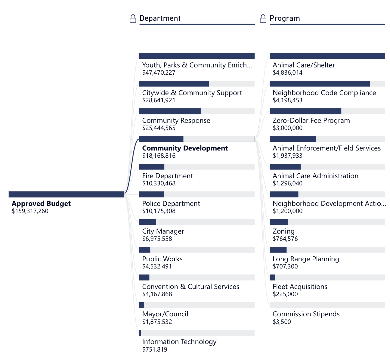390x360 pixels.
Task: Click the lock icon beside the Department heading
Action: (133, 19)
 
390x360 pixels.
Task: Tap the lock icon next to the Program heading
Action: (263, 19)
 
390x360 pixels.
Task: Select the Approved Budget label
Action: (41, 204)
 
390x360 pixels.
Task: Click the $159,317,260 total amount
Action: (30, 211)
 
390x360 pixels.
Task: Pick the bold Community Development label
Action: (185, 148)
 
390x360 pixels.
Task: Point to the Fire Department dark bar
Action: (152, 167)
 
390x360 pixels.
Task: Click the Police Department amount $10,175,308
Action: (159, 211)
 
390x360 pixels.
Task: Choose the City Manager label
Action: (163, 231)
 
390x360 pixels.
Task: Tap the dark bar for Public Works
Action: (145, 250)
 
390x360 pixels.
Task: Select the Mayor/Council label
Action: (165, 314)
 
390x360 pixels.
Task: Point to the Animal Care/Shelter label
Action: (304, 65)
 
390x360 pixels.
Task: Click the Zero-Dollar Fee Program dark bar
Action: (305, 111)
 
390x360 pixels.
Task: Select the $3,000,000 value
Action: (287, 128)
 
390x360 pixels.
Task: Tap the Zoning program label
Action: (283, 231)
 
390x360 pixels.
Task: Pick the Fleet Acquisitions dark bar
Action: (272, 278)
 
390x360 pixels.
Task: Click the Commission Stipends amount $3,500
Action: (282, 322)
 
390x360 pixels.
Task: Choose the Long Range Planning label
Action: (306, 259)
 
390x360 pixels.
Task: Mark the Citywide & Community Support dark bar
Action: (174, 84)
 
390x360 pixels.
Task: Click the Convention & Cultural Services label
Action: (191, 287)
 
